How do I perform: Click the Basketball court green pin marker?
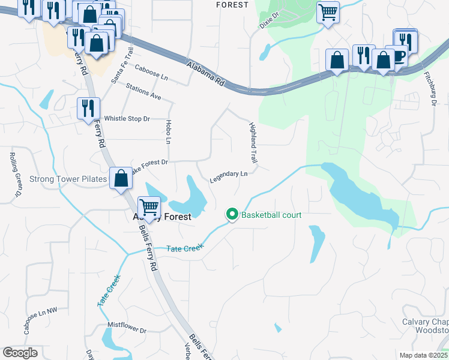click(232, 214)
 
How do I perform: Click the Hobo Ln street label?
click(167, 131)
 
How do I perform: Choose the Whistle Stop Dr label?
click(127, 119)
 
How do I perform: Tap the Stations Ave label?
click(143, 92)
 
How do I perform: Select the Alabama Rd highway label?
click(205, 74)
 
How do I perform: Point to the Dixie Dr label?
click(270, 20)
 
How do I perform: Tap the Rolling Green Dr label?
click(15, 175)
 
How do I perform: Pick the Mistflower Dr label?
click(127, 329)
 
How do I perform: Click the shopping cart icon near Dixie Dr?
click(328, 11)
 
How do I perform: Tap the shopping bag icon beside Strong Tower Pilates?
click(121, 178)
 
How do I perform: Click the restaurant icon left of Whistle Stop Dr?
click(88, 108)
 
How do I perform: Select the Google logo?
click(20, 353)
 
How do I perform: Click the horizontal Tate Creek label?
click(185, 248)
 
